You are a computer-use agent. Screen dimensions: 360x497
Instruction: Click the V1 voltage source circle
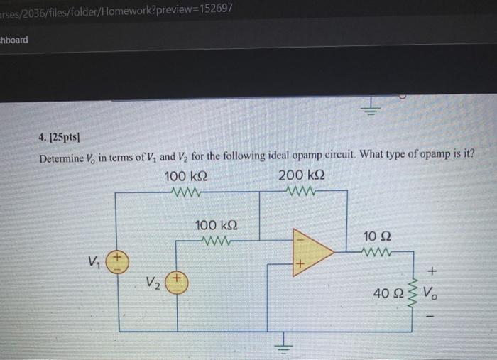pos(118,262)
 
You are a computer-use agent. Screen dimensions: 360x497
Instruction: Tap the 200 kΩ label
pos(301,175)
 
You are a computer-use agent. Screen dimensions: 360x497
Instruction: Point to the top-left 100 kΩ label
pos(185,175)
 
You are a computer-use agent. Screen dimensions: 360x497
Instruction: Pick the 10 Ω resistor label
pos(376,235)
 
